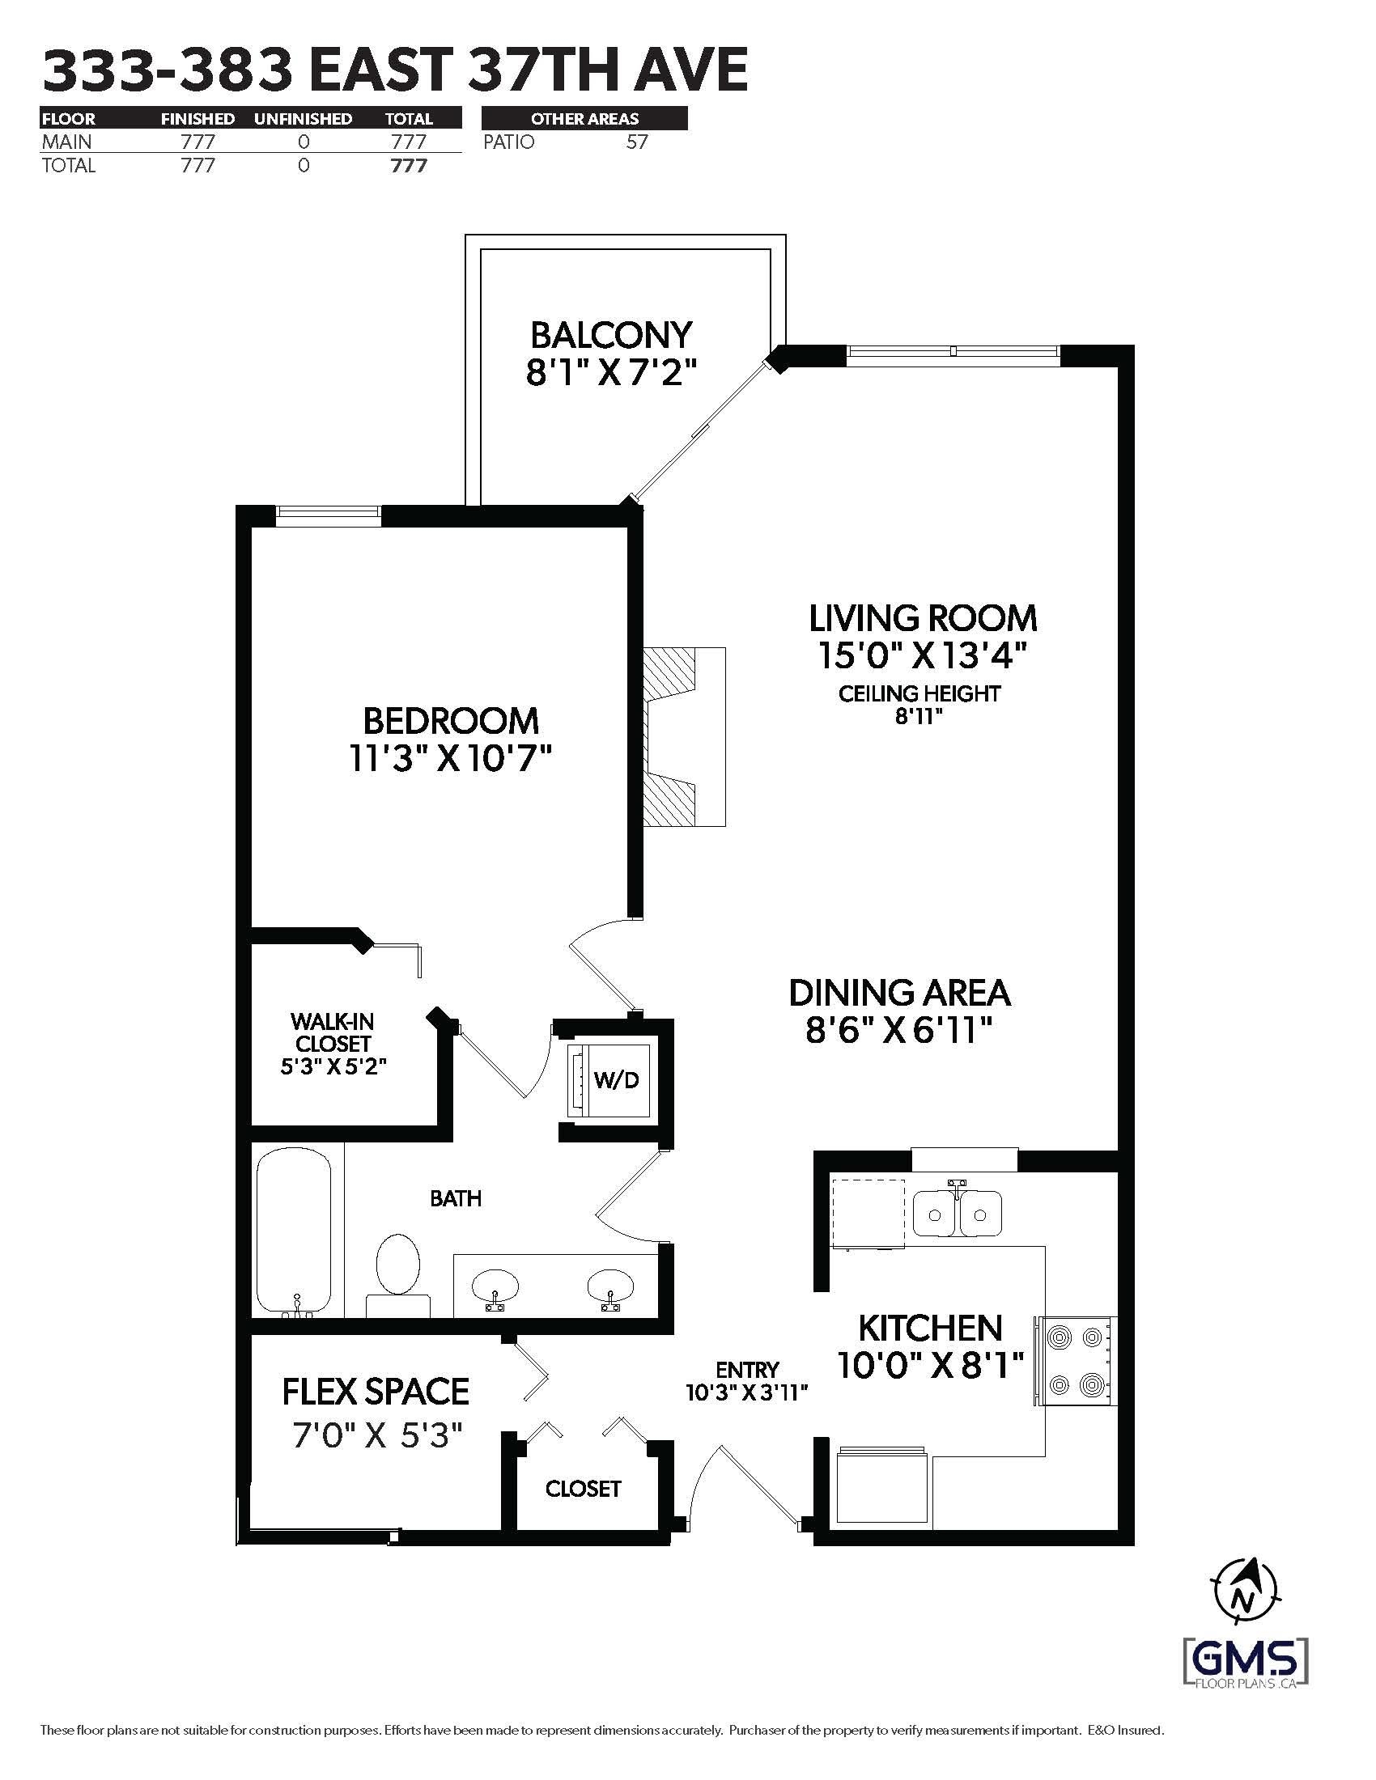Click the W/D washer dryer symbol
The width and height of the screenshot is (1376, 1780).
coord(609,1079)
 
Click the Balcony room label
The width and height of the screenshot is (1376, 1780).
coord(611,335)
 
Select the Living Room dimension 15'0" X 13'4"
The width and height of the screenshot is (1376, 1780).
coord(921,655)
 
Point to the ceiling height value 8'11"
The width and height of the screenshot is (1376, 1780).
coord(919,716)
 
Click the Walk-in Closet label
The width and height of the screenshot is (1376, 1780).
coord(333,1032)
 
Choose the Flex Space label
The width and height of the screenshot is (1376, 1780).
coord(376,1392)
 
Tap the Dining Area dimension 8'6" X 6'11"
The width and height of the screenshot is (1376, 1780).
coord(899,1032)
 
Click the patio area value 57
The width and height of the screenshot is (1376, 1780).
coord(637,142)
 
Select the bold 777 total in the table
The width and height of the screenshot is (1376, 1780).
coord(409,165)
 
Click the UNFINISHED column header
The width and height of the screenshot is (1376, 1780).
coord(304,119)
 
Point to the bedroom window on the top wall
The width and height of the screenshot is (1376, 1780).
coord(329,513)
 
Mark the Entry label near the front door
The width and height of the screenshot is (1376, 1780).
coord(748,1369)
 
